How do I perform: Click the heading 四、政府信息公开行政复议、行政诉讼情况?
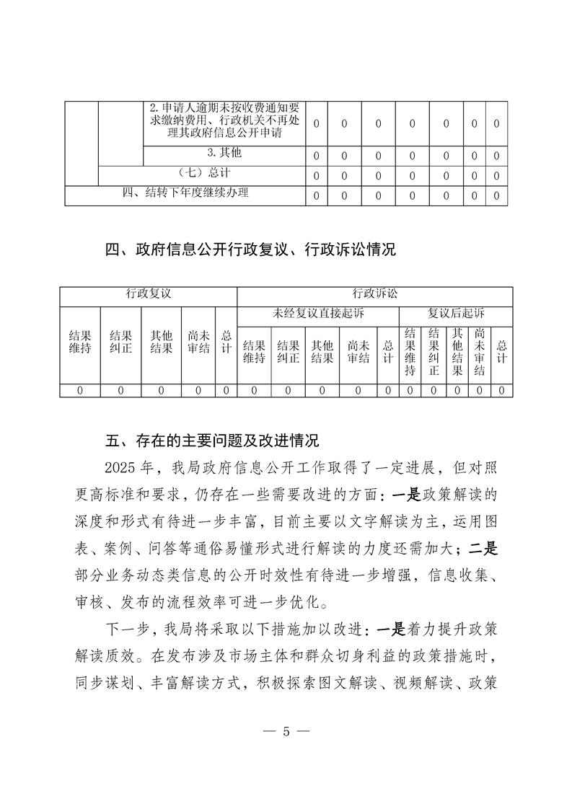coord(250,250)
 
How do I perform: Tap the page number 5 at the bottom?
coord(286,731)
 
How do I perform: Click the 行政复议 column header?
coord(149,294)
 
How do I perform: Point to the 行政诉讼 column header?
coord(374,294)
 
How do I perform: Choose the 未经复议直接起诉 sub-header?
coord(318,314)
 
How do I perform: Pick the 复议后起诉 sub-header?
coord(456,314)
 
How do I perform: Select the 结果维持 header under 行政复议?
coord(79,342)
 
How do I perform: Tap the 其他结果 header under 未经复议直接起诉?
coord(322,353)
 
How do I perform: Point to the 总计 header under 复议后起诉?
coord(502,353)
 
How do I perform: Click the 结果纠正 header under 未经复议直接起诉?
coord(288,353)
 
